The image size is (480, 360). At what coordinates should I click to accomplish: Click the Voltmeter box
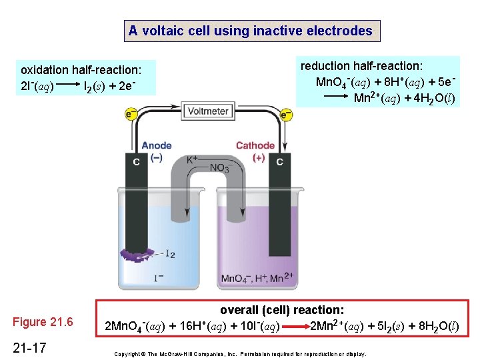[x=208, y=111]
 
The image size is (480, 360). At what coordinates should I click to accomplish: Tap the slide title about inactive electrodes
[x=251, y=31]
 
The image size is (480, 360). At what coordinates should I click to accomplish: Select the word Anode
[x=157, y=145]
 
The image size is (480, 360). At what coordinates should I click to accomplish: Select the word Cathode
[x=255, y=145]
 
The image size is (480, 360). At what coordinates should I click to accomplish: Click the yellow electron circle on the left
[x=131, y=115]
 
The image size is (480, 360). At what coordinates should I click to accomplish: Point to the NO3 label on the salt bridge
[x=219, y=169]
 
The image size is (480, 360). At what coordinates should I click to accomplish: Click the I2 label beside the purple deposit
[x=169, y=254]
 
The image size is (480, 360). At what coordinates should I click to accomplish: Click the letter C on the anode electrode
[x=136, y=161]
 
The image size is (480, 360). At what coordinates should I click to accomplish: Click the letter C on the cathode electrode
[x=279, y=161]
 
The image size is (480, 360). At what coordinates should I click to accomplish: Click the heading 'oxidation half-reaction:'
[x=87, y=69]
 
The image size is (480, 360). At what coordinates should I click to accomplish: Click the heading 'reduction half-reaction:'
[x=361, y=66]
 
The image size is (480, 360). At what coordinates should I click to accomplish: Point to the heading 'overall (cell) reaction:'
[x=282, y=310]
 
